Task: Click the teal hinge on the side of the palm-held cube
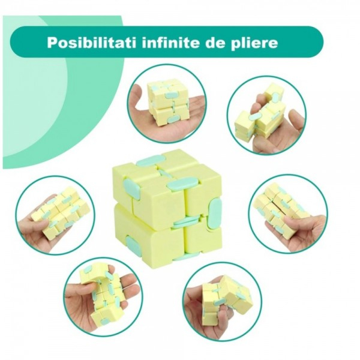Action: coord(172,119)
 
